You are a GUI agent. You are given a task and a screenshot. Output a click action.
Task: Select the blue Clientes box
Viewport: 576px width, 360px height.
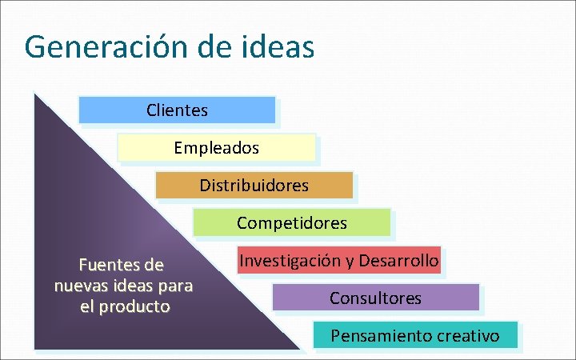(177, 110)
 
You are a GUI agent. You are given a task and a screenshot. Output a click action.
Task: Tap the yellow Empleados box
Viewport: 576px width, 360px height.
(216, 148)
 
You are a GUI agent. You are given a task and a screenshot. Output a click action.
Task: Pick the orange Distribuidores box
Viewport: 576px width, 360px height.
(254, 186)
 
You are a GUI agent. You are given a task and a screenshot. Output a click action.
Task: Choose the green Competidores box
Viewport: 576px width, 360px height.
(291, 223)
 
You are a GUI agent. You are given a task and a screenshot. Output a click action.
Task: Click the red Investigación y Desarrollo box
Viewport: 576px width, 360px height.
(338, 261)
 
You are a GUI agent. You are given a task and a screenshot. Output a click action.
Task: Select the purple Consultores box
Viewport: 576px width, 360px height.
(375, 298)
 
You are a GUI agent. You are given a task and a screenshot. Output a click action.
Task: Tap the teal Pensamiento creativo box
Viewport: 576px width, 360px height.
(414, 335)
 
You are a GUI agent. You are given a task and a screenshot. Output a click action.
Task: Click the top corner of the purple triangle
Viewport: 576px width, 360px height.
(35, 94)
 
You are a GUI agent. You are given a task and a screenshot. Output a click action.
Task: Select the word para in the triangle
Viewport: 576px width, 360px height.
(176, 286)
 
